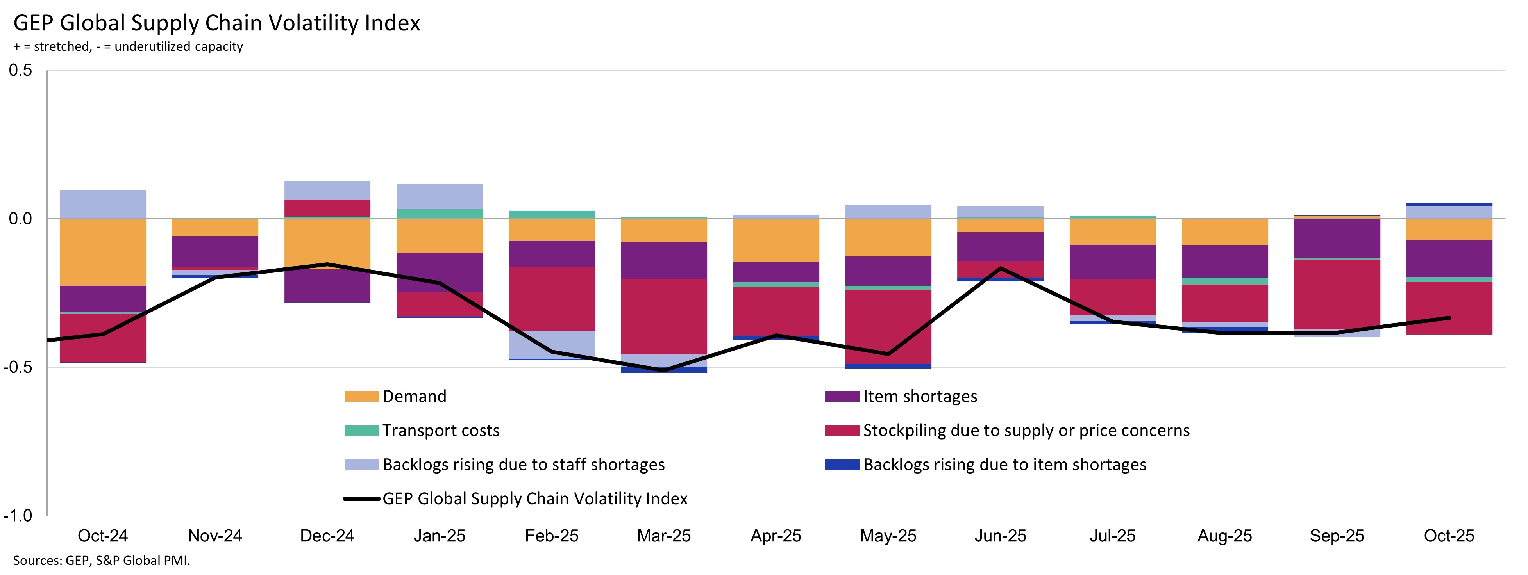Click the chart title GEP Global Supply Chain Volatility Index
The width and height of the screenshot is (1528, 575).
pos(216,23)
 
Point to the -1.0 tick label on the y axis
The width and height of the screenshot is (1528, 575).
pos(18,515)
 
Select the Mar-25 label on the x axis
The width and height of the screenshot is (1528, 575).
pos(664,536)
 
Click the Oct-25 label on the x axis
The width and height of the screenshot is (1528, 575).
pos(1449,536)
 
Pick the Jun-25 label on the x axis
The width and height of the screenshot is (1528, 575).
pos(1000,536)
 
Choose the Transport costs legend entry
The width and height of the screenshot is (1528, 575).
pos(441,430)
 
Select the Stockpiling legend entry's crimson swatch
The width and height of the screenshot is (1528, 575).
pos(842,430)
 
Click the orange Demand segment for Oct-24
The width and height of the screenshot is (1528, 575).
pos(103,252)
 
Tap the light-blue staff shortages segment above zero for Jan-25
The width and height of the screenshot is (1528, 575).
pos(440,196)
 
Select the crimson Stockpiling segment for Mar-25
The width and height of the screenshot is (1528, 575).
pos(664,316)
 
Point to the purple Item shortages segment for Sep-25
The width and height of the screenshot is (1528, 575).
pos(1337,238)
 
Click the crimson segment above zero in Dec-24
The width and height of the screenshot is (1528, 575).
pos(327,208)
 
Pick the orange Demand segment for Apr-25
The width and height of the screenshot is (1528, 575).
pos(776,240)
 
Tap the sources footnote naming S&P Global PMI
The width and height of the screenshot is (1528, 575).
pos(102,560)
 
